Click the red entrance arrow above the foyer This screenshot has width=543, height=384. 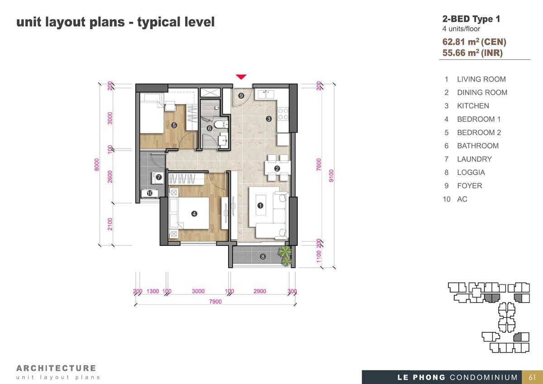(x=241, y=77)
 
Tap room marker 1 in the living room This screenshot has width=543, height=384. (x=260, y=206)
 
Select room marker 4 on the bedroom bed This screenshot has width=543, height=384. (x=194, y=214)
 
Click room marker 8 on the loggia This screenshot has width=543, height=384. (x=262, y=257)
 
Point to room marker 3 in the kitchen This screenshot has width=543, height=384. (x=269, y=119)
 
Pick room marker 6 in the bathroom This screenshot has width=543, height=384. (x=210, y=128)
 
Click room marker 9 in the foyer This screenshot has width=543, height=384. (x=241, y=96)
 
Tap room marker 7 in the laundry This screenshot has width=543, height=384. (x=159, y=177)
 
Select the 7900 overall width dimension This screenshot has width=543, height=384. (x=215, y=302)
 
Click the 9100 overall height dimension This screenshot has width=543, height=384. (x=331, y=176)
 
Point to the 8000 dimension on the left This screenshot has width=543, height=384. (x=97, y=165)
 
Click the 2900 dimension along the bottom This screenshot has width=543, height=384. (x=260, y=291)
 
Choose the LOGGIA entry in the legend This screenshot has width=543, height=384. (x=471, y=173)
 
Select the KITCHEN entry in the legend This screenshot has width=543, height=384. (x=473, y=106)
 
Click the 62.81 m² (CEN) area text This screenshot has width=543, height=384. (x=474, y=42)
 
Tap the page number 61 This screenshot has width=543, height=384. (x=532, y=377)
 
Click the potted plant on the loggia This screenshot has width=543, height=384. (x=285, y=256)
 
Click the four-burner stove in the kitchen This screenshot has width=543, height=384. (x=283, y=114)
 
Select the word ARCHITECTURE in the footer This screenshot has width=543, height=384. (x=56, y=368)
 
